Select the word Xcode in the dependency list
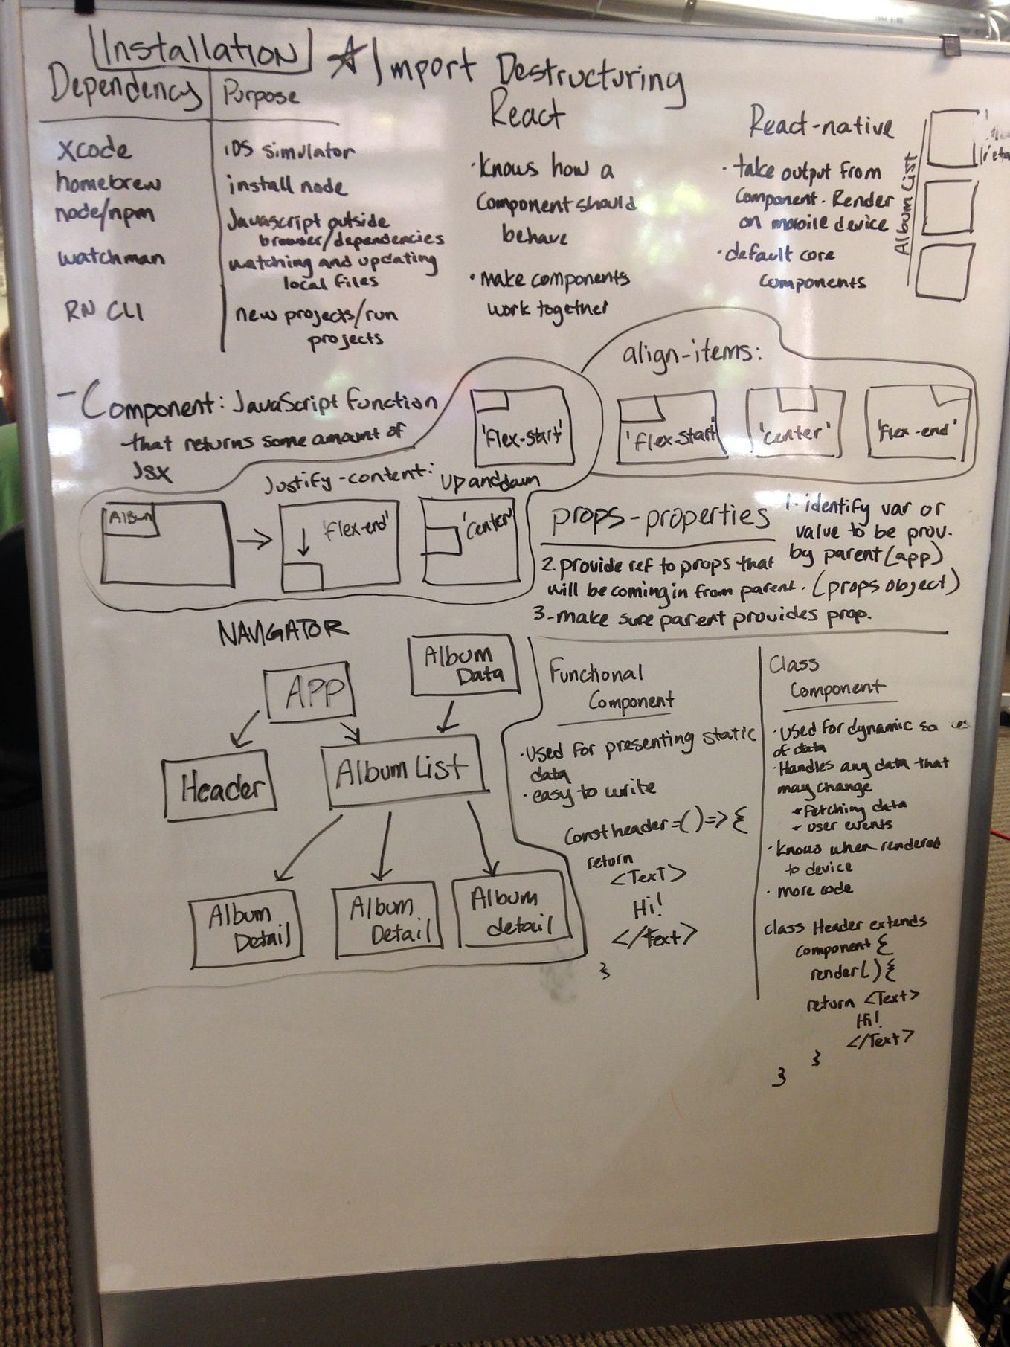pyautogui.click(x=94, y=151)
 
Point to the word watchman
pyautogui.click(x=112, y=259)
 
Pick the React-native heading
pyautogui.click(x=820, y=124)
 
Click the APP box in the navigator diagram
pyautogui.click(x=309, y=694)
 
